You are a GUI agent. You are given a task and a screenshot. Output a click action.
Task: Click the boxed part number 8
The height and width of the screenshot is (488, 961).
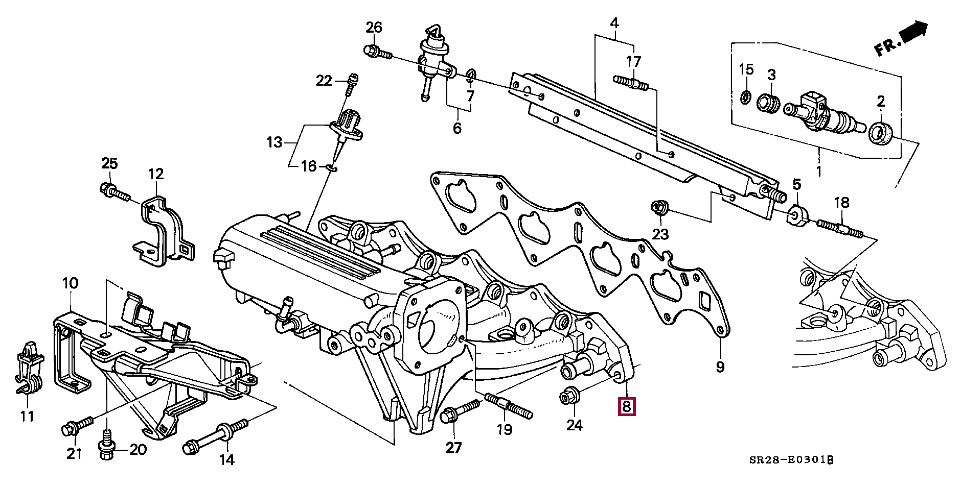coord(627,407)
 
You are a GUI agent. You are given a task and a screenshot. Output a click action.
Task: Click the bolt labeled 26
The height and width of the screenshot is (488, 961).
coord(377,52)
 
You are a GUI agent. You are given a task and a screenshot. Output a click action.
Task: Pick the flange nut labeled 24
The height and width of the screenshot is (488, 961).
coord(569,397)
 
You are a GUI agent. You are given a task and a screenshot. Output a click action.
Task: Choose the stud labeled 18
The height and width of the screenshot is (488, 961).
coord(840,228)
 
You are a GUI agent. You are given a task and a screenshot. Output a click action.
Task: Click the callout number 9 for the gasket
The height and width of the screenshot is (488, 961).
coord(720,367)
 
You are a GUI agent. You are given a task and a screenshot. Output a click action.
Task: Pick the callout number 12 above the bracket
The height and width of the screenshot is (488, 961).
coord(156,174)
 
